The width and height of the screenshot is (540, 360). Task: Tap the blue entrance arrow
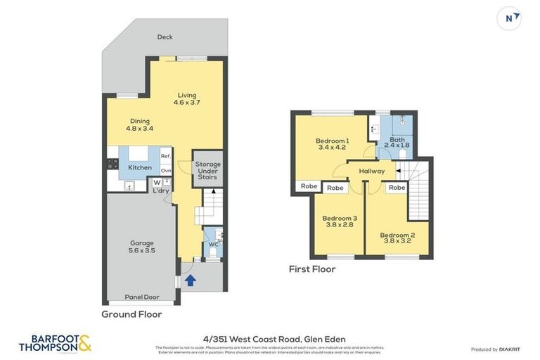pyautogui.click(x=188, y=280)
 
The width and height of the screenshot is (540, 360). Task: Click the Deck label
pyautogui.click(x=165, y=37)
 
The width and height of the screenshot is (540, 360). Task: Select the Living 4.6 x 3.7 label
pyautogui.click(x=187, y=99)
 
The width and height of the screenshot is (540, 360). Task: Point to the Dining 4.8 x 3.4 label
pyautogui.click(x=139, y=125)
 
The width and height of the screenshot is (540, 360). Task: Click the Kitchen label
pyautogui.click(x=139, y=167)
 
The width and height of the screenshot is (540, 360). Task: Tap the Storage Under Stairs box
pyautogui.click(x=207, y=169)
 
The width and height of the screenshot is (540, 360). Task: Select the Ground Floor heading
pyautogui.click(x=131, y=314)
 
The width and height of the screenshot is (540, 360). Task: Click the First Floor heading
pyautogui.click(x=312, y=269)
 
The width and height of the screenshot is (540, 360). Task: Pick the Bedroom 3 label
pyautogui.click(x=340, y=222)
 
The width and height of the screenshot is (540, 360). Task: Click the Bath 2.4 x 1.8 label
pyautogui.click(x=397, y=143)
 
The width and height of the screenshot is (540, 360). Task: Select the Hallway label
pyautogui.click(x=371, y=171)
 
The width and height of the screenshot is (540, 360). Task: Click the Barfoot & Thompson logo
pyautogui.click(x=55, y=343)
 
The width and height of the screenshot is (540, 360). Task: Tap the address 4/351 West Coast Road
pyautogui.click(x=269, y=340)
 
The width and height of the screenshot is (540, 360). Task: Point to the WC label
pyautogui.click(x=212, y=245)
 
